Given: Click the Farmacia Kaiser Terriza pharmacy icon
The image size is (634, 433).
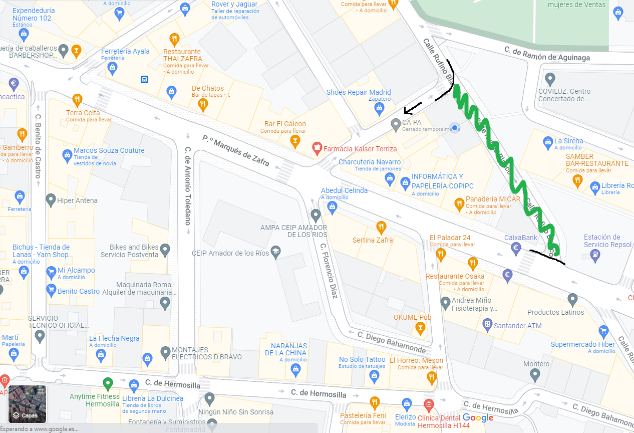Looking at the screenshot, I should (316, 148).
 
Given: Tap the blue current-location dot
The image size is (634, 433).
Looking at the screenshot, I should (455, 128).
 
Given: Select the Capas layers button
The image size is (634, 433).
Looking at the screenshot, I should (27, 404).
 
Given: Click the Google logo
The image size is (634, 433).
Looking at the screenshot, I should (478, 417).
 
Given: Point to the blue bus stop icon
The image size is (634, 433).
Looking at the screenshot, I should (144, 79).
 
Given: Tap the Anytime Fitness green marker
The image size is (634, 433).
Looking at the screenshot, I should (107, 384).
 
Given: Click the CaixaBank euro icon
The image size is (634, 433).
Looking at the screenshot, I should (516, 247).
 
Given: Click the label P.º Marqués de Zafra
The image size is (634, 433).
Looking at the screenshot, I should (236, 150).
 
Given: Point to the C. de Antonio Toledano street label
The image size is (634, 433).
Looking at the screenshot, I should (188, 185).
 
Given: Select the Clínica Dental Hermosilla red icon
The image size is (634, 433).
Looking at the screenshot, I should (428, 404).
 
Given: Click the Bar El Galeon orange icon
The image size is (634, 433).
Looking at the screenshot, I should (295, 142).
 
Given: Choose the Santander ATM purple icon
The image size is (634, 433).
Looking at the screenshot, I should (487, 325).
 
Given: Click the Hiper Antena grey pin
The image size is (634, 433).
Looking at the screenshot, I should (51, 200).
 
